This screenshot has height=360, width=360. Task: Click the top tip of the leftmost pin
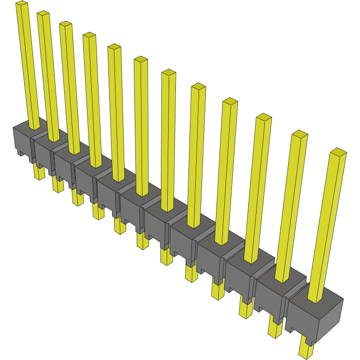(x=22, y=4)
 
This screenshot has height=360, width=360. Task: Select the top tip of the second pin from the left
(x=43, y=14)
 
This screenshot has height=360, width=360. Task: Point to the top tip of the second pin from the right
(x=300, y=133)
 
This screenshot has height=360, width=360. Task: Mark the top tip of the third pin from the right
(x=263, y=116)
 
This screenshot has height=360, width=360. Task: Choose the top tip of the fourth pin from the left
(x=89, y=35)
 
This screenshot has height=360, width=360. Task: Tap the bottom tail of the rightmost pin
(x=305, y=349)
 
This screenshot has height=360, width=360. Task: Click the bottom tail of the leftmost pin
(x=39, y=173)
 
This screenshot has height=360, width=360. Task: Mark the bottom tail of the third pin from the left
(x=77, y=197)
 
